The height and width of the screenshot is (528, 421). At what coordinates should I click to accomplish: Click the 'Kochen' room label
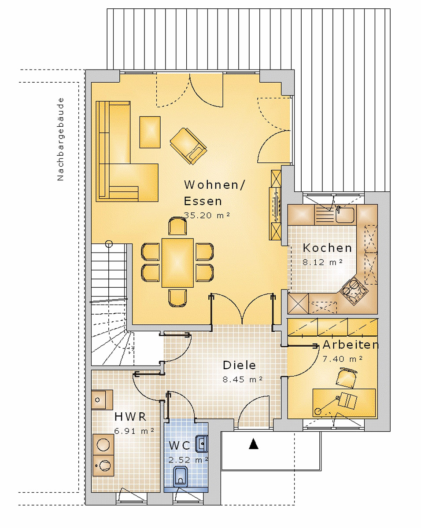click(327, 248)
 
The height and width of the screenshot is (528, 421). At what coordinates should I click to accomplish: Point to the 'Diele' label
click(239, 365)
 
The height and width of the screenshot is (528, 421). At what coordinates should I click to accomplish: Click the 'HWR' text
click(130, 417)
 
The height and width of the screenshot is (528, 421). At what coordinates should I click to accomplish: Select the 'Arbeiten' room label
click(351, 345)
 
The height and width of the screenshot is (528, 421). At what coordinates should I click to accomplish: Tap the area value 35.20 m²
click(207, 215)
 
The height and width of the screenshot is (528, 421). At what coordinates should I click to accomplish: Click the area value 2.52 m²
click(188, 459)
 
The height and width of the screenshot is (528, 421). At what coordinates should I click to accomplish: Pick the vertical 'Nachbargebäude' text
click(60, 139)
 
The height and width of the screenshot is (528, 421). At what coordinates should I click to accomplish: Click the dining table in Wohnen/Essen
click(177, 263)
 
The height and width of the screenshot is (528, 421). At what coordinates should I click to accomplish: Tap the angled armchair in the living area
click(188, 146)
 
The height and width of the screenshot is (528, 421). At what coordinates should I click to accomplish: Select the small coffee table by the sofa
click(150, 132)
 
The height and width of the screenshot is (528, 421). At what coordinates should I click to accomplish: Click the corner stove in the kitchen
click(354, 289)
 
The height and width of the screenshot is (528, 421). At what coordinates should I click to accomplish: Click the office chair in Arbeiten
click(346, 378)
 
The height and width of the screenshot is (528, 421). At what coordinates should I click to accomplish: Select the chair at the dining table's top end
click(177, 226)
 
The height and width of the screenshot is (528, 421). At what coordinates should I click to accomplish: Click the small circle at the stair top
click(109, 244)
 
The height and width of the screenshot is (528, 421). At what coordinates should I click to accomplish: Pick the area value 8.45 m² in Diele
click(243, 380)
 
